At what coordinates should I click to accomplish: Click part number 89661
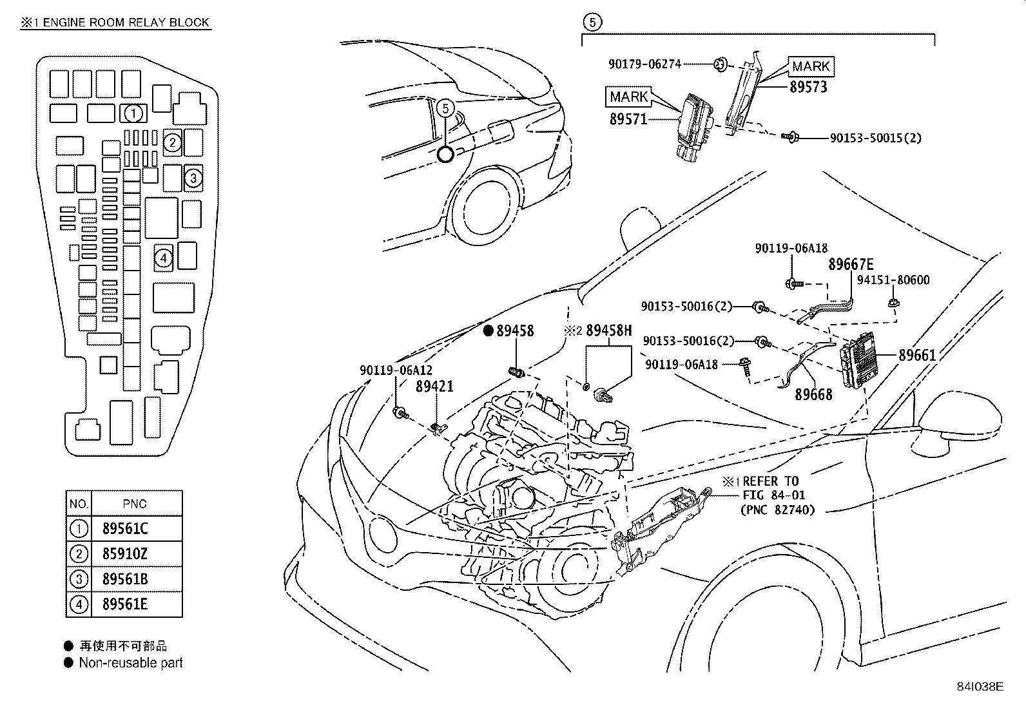pyautogui.click(x=917, y=355)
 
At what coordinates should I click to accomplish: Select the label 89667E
pyautogui.click(x=851, y=264)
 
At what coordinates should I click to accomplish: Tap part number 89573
pyautogui.click(x=808, y=87)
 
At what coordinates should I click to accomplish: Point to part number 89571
pyautogui.click(x=628, y=119)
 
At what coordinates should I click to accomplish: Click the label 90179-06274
pyautogui.click(x=644, y=64)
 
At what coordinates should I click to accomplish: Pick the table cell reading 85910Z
pyautogui.click(x=125, y=553)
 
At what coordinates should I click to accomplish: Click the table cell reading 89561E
pyautogui.click(x=125, y=604)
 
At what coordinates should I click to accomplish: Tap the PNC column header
pyautogui.click(x=134, y=504)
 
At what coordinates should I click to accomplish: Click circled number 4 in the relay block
pyautogui.click(x=164, y=258)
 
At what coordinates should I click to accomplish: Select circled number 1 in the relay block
pyautogui.click(x=133, y=114)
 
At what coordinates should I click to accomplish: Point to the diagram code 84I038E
pyautogui.click(x=980, y=687)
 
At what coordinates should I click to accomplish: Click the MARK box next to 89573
pyautogui.click(x=811, y=66)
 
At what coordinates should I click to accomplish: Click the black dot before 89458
pyautogui.click(x=489, y=330)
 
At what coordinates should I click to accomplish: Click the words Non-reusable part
pyautogui.click(x=131, y=663)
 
